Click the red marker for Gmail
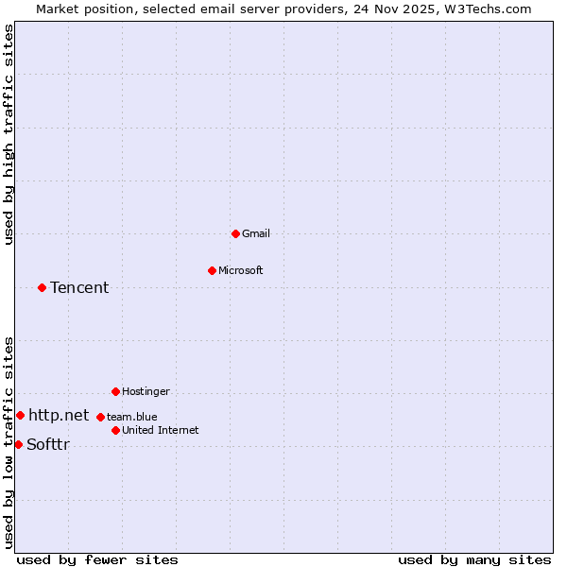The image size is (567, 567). tap(235, 233)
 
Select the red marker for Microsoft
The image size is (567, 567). tap(212, 270)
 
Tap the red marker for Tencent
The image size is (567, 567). tap(42, 287)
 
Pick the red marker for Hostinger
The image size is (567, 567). tap(115, 391)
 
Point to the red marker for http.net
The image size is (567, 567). tap(20, 415)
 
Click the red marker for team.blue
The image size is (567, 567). tap(100, 417)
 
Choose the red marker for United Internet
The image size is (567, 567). tap(115, 430)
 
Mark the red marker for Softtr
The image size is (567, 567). tap(18, 444)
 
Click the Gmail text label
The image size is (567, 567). tap(256, 233)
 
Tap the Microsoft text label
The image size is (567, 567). tap(241, 270)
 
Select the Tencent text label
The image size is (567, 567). tap(79, 287)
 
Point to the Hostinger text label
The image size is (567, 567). tap(146, 391)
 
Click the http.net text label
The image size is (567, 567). tap(59, 415)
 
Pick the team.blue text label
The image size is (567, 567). tap(132, 417)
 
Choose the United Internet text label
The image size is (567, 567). tap(161, 430)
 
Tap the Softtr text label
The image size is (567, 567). tap(48, 444)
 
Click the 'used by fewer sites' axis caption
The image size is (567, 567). tap(97, 559)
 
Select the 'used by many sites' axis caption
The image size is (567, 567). tap(474, 559)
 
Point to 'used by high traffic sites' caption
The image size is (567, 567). tap(9, 134)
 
